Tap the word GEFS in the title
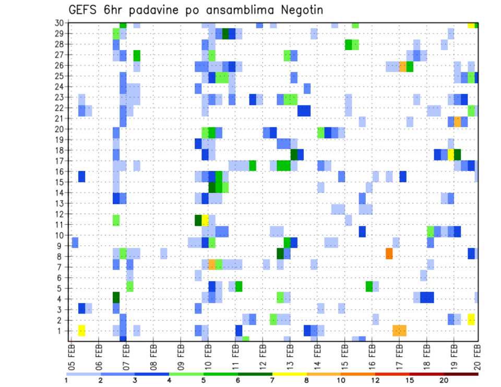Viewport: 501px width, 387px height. pyautogui.click(x=83, y=10)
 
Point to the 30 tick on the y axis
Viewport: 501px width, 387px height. pyautogui.click(x=60, y=23)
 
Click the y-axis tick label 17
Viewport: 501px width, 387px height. pyautogui.click(x=60, y=161)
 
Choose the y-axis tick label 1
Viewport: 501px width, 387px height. pyautogui.click(x=62, y=330)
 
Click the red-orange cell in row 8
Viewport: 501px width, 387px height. pyautogui.click(x=389, y=253)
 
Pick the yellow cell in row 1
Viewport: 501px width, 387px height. pyautogui.click(x=81, y=330)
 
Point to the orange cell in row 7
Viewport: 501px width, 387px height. pyautogui.click(x=212, y=264)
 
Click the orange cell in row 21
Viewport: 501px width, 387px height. pyautogui.click(x=457, y=122)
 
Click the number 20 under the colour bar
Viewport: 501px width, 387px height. pyautogui.click(x=444, y=380)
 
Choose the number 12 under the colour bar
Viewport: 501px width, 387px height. pyautogui.click(x=375, y=380)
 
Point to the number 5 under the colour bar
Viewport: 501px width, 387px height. pyautogui.click(x=203, y=380)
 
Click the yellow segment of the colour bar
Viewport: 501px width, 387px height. pyautogui.click(x=289, y=373)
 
